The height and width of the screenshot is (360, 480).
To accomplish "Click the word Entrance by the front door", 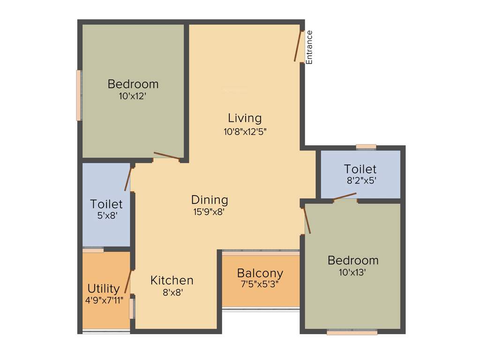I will (x=309, y=47).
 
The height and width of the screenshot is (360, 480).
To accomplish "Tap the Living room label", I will (x=245, y=118).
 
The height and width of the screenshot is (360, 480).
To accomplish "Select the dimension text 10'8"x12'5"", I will (x=245, y=131).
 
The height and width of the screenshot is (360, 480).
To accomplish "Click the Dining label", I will (x=210, y=200).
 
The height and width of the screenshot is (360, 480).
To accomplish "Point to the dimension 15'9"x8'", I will (x=210, y=211).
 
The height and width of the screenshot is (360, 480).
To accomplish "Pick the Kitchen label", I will (x=172, y=280).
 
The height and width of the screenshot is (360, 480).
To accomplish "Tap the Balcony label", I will (x=260, y=273).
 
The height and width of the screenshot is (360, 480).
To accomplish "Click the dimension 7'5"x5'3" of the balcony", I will (x=260, y=284).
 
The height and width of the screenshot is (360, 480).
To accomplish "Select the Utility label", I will (x=104, y=288).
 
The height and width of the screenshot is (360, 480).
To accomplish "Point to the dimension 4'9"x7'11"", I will (x=104, y=300).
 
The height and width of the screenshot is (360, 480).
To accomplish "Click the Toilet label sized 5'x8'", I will (x=106, y=204).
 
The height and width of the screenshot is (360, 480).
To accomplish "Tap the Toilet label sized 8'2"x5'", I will (x=360, y=169).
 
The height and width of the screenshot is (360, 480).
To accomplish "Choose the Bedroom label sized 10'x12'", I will (x=133, y=84).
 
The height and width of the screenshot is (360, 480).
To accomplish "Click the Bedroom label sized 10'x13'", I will (x=353, y=260).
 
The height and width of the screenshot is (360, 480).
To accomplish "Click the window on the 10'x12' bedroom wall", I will (x=79, y=95).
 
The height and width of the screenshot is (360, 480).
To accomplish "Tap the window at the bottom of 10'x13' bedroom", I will (x=352, y=332).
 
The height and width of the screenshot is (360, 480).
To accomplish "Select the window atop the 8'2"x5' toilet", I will (x=366, y=147).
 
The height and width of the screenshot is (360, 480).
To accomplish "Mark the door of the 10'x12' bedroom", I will (x=166, y=157).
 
